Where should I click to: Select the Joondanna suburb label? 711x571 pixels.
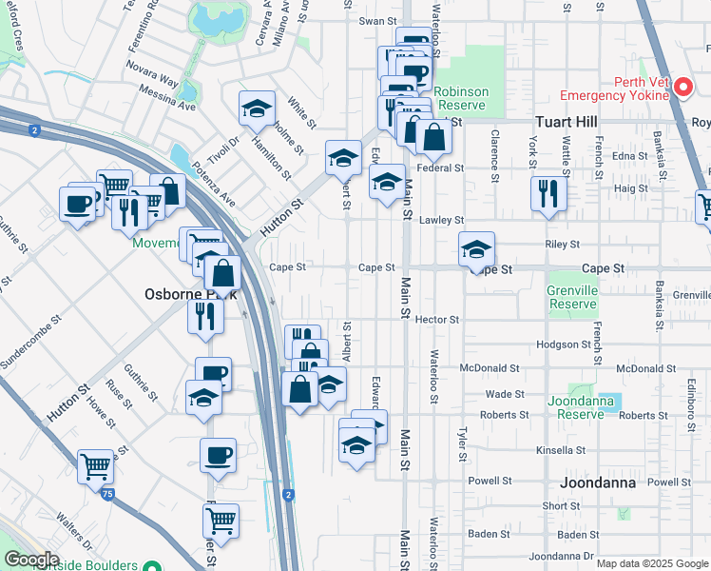pos(597,482)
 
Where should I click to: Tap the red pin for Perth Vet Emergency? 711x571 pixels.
pos(683,89)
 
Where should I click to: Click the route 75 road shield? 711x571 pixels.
pos(108,494)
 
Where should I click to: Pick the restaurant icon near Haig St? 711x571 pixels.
pos(549,194)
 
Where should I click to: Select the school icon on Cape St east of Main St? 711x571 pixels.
pos(477,249)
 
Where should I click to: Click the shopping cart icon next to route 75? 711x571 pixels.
pos(95,467)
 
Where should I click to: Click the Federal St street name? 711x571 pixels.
pos(440,167)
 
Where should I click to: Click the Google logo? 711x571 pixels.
pos(31,560)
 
